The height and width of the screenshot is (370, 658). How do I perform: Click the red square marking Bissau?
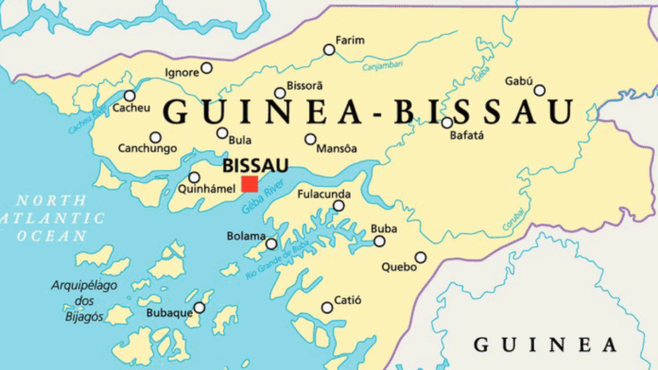click(x=250, y=184)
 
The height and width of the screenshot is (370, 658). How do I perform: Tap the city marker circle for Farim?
click(x=329, y=49)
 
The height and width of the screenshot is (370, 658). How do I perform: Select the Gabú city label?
click(x=519, y=80)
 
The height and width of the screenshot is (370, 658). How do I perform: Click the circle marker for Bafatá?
click(x=447, y=122)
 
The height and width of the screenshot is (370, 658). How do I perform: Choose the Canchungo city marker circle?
click(x=155, y=137)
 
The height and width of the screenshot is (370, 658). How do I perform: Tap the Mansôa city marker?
click(x=310, y=139)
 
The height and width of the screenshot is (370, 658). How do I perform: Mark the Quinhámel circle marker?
click(x=194, y=177)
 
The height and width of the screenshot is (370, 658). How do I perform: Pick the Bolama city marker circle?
click(x=271, y=244)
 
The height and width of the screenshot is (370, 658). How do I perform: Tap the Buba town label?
click(x=383, y=228)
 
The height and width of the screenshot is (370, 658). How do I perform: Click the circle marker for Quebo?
click(x=421, y=257)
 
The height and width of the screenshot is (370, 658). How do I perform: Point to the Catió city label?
click(x=348, y=301)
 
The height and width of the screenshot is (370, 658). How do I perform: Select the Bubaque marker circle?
click(x=199, y=308)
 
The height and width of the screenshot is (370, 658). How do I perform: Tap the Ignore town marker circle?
click(x=206, y=68)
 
